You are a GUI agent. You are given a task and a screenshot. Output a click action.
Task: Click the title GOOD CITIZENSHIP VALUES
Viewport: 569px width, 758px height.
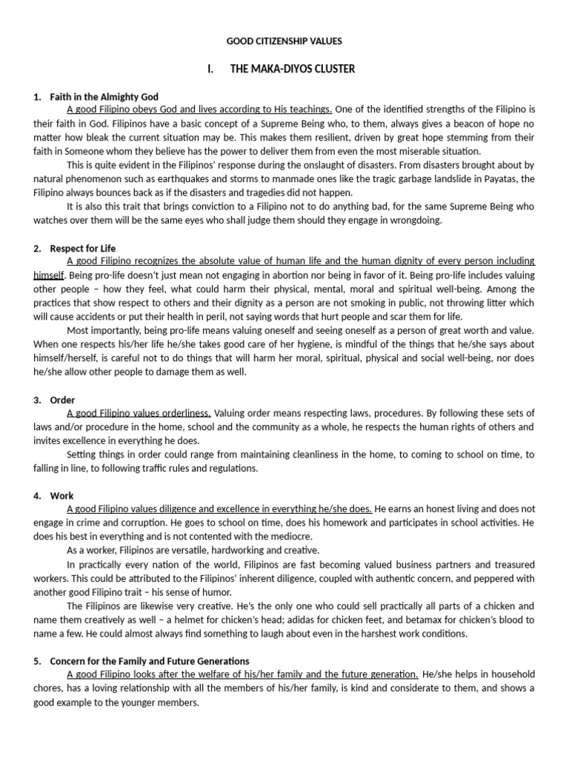(284, 41)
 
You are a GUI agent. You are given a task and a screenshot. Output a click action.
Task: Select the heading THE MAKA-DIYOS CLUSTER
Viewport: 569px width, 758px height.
(293, 69)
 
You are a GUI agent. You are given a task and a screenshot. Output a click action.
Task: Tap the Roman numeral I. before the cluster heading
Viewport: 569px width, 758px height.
(211, 69)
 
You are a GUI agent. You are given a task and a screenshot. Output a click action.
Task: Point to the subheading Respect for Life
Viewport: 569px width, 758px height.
(83, 248)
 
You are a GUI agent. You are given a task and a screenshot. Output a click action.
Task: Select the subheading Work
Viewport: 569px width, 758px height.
(61, 495)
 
